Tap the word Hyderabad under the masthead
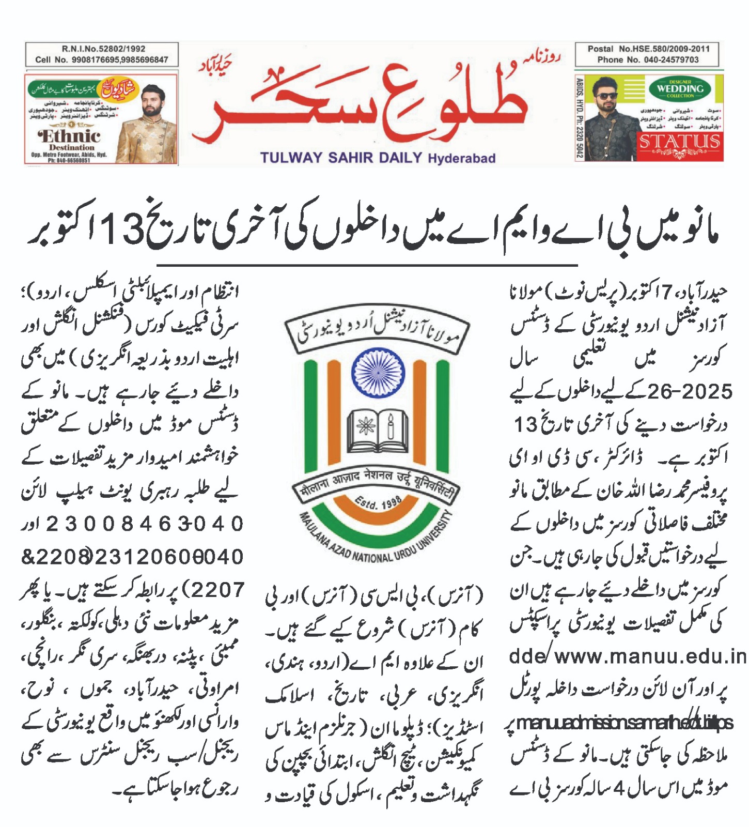tap(461, 158)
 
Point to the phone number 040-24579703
tap(671, 59)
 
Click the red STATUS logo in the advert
tap(679, 141)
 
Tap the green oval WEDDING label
tap(680, 89)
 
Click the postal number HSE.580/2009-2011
tap(664, 49)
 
